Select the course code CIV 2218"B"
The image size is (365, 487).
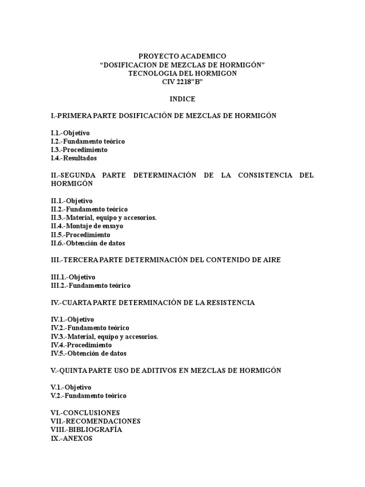click(x=182, y=82)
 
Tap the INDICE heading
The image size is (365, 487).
click(x=182, y=99)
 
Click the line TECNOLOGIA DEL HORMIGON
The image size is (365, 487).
click(x=182, y=74)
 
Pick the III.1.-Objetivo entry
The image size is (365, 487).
click(x=73, y=277)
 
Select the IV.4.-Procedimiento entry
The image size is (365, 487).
click(x=81, y=345)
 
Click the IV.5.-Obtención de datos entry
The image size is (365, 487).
click(x=89, y=353)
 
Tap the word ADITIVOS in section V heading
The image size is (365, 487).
click(x=160, y=370)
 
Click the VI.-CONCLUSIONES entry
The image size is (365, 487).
click(x=85, y=412)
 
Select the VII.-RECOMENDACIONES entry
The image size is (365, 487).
click(x=96, y=421)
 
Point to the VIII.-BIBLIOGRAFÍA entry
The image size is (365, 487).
click(x=86, y=429)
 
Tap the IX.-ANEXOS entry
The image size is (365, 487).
click(x=71, y=438)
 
